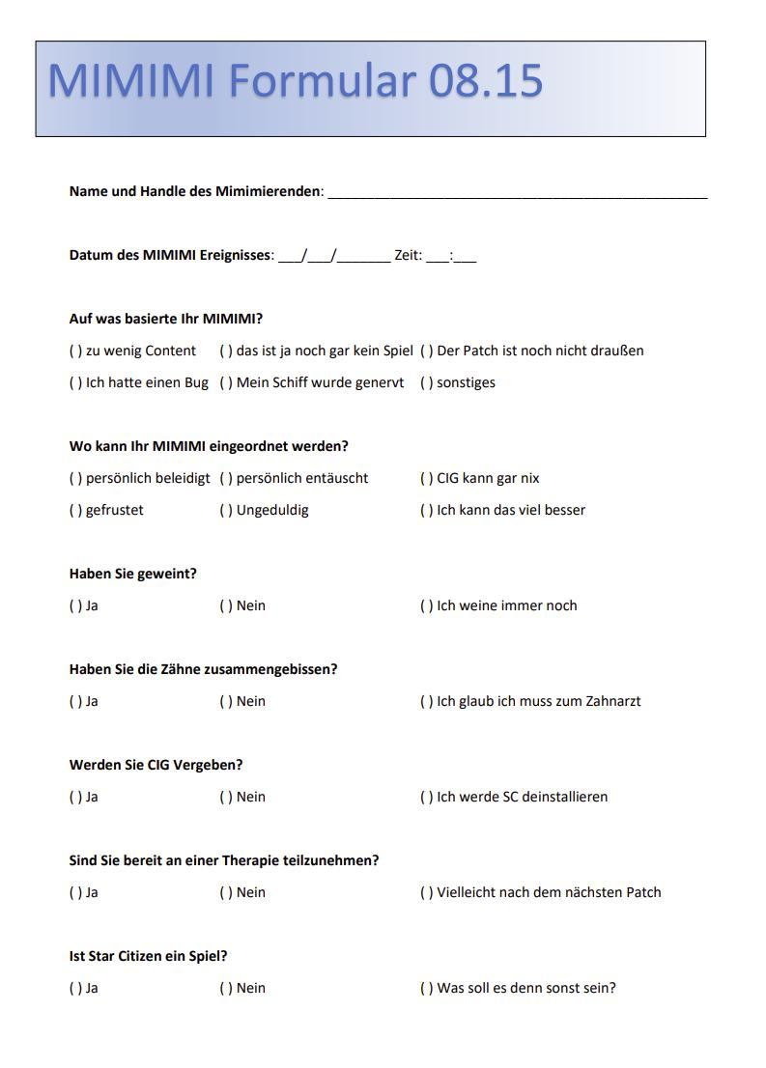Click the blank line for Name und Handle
click(x=518, y=193)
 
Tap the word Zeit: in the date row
click(x=408, y=256)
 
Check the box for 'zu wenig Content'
click(x=75, y=351)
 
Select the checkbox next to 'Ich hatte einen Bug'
click(x=75, y=382)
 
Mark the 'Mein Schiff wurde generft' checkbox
click(x=226, y=382)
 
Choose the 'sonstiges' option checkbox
click(x=426, y=382)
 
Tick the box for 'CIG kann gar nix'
click(x=426, y=478)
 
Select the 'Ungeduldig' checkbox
click(x=226, y=510)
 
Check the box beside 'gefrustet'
click(x=75, y=510)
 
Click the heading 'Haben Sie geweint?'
click(x=133, y=574)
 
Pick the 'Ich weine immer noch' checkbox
click(x=426, y=605)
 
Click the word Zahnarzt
click(x=612, y=701)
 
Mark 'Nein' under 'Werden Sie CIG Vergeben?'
click(x=226, y=797)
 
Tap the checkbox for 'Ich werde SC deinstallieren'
click(x=426, y=797)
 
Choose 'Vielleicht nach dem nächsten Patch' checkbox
click(x=426, y=892)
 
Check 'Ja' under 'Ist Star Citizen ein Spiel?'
click(x=75, y=988)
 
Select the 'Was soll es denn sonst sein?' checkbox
click(x=426, y=988)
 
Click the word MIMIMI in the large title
click(x=130, y=81)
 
